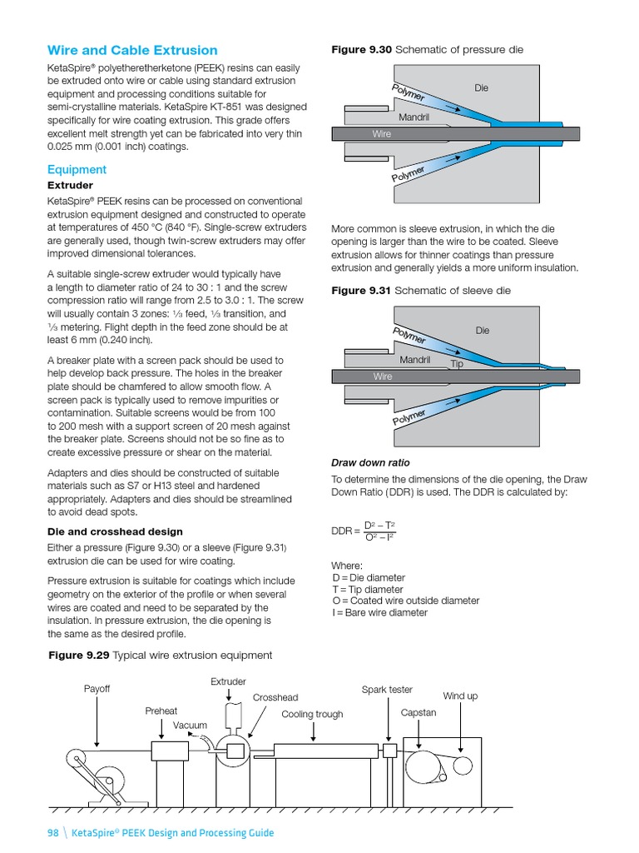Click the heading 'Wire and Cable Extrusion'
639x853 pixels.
132,50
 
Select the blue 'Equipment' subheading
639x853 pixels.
77,169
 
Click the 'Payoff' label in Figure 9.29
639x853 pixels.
97,689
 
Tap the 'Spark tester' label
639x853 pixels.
386,690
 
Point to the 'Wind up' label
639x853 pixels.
460,696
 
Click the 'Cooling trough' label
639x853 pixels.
312,714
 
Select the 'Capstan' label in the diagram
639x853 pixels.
418,713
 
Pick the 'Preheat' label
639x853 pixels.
161,711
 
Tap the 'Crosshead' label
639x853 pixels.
275,697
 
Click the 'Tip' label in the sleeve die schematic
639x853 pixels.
456,364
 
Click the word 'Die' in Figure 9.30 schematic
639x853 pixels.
483,87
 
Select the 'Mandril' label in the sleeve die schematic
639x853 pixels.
414,360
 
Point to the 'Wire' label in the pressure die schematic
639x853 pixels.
382,133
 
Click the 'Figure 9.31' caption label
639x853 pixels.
361,290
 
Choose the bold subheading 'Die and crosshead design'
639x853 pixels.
115,531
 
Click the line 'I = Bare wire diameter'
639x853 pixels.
379,612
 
